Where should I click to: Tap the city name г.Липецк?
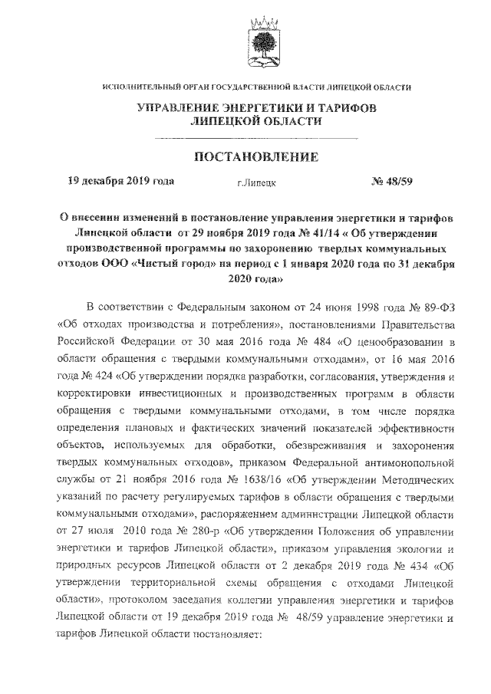click(x=257, y=184)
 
